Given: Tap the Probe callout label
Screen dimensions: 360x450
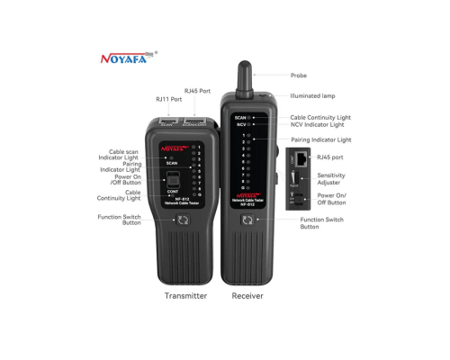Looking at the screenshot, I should (299, 76).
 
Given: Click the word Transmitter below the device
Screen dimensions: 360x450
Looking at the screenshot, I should (185, 295).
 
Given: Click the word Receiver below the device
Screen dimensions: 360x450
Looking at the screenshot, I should (247, 295).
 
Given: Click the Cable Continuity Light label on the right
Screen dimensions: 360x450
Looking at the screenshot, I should (320, 117).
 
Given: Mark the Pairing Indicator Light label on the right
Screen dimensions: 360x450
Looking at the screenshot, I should (320, 140).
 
